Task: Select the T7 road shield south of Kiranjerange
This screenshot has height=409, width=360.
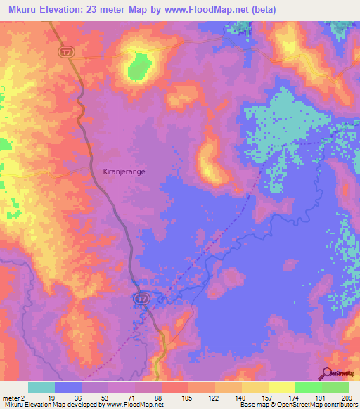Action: point(141,299)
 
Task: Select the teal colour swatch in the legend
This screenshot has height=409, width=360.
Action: point(41,387)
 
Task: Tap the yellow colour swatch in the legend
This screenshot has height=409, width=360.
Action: point(282,387)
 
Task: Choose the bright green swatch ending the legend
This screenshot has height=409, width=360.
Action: point(335,387)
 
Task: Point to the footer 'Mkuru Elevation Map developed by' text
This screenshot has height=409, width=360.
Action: point(53,405)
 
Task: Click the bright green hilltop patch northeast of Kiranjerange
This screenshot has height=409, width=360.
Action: point(137,66)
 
